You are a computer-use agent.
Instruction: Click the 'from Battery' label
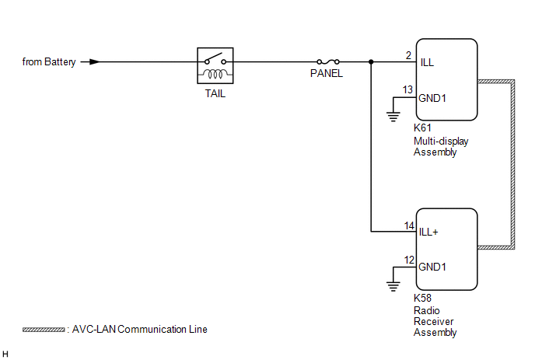tap(49, 61)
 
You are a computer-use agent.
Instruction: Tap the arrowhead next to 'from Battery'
tap(95, 61)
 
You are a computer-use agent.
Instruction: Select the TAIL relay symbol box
tap(215, 65)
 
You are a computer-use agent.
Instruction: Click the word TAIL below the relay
tap(215, 93)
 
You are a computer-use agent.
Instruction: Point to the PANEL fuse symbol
tap(328, 61)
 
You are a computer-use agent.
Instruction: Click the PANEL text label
tap(327, 73)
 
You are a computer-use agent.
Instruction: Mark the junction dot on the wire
tap(371, 61)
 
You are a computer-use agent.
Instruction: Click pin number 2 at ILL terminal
tap(408, 55)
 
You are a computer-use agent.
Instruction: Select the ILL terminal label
tap(427, 62)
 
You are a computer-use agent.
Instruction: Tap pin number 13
tap(407, 89)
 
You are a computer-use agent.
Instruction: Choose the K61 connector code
tap(422, 128)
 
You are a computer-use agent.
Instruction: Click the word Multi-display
tap(441, 142)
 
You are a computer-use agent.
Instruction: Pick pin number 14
tap(409, 226)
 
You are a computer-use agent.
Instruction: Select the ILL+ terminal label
tap(428, 232)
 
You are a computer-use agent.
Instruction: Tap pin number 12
tap(409, 260)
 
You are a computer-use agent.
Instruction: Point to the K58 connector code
tap(422, 298)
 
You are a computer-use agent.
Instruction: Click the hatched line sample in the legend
tap(44, 330)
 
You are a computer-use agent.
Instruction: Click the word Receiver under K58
tap(433, 321)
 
